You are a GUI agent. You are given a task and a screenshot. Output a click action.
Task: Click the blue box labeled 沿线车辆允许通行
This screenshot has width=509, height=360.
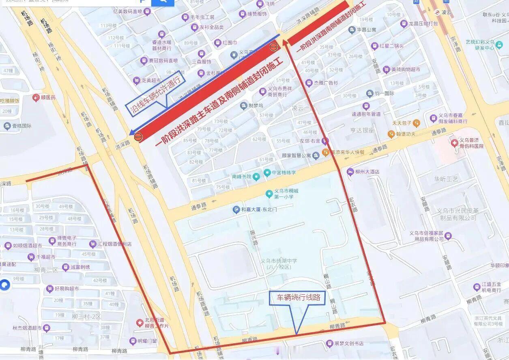coord(156,93)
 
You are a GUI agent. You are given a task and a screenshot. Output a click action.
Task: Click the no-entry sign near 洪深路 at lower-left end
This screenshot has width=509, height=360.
coord(138,137)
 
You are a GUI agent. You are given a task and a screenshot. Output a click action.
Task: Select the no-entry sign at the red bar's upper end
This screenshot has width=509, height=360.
coord(274,47)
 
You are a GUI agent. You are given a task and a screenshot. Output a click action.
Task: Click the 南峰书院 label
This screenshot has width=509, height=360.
coord(241,177)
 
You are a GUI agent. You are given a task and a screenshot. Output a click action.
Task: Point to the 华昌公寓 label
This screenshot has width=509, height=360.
coord(366,30)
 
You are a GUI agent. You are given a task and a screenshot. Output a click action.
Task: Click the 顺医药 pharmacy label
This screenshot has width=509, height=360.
coord(48,98)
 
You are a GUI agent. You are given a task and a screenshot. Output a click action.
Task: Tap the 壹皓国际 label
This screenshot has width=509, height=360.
coord(21,126)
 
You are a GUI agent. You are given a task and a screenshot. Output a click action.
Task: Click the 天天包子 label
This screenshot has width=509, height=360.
coord(402,123)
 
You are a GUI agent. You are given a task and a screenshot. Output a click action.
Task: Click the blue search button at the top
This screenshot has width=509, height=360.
coord(163,2)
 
